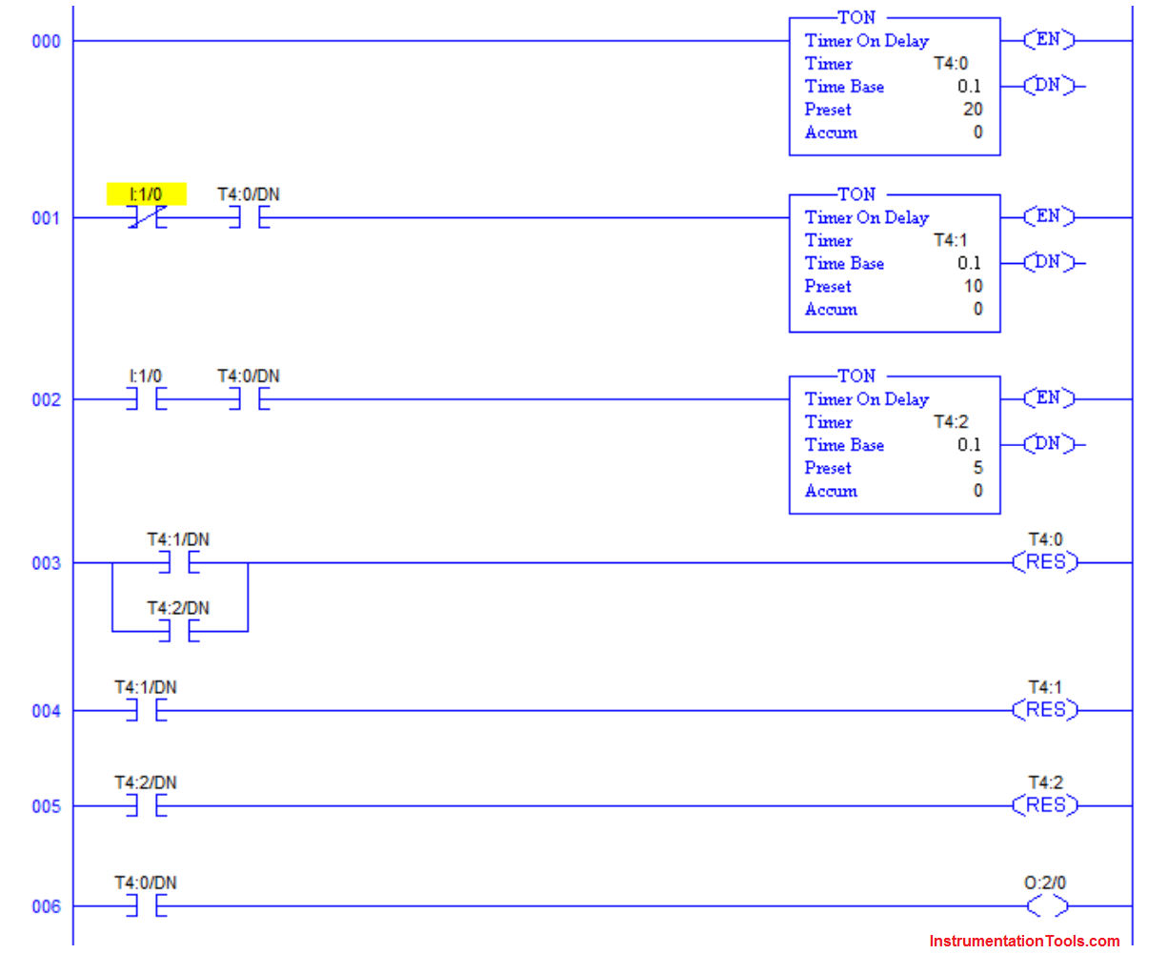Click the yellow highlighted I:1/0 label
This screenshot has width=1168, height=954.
tap(146, 194)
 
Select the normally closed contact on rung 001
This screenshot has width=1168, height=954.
tap(146, 218)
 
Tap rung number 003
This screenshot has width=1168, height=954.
tap(46, 563)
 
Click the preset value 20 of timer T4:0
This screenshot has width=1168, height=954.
tap(972, 110)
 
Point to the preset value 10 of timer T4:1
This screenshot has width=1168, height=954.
tap(972, 286)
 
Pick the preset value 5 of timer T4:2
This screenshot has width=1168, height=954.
tap(977, 468)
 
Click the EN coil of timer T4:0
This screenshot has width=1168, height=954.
tap(1048, 40)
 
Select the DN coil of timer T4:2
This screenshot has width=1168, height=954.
tap(1048, 444)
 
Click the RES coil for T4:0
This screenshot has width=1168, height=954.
tap(1045, 562)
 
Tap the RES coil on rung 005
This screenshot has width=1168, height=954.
tap(1045, 805)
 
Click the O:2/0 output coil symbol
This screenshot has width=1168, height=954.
tap(1046, 906)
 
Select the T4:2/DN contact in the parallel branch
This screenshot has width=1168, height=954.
tap(179, 631)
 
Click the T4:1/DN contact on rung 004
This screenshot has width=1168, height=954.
tap(146, 711)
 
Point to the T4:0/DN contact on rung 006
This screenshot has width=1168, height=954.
tap(146, 906)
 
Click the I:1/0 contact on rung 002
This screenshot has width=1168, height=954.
tap(146, 399)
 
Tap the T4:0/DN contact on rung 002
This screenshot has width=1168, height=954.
tap(249, 399)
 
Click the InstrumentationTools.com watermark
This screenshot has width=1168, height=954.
tap(1024, 941)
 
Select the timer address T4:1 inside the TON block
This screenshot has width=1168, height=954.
tap(950, 240)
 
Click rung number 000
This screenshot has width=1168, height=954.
tap(46, 41)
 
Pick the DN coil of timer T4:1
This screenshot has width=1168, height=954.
tap(1048, 262)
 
